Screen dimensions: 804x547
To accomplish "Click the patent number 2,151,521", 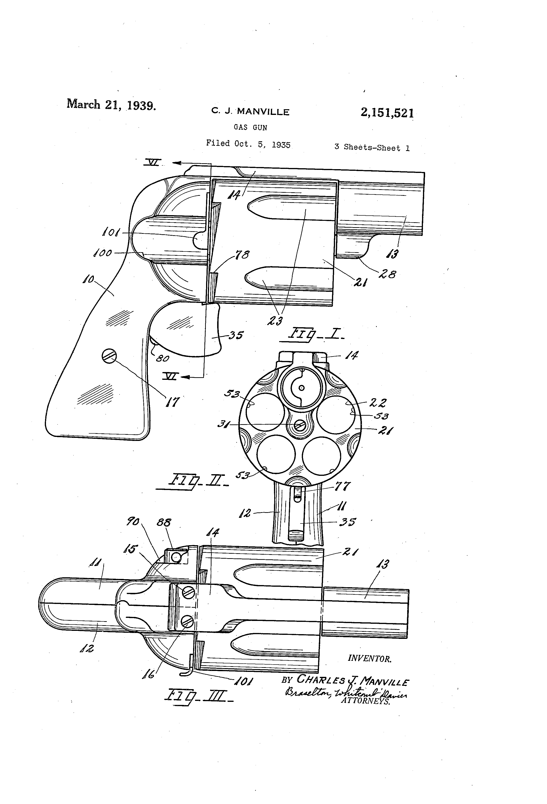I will point(387,113).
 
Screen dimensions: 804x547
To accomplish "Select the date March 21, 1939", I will point(111,105).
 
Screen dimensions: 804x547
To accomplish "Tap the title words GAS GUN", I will point(250,127).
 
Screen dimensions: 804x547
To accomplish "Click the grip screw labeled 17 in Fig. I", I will point(109,356).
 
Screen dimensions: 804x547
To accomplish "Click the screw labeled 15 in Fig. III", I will point(189,593).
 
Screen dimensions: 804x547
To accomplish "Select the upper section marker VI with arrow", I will point(153,162).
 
